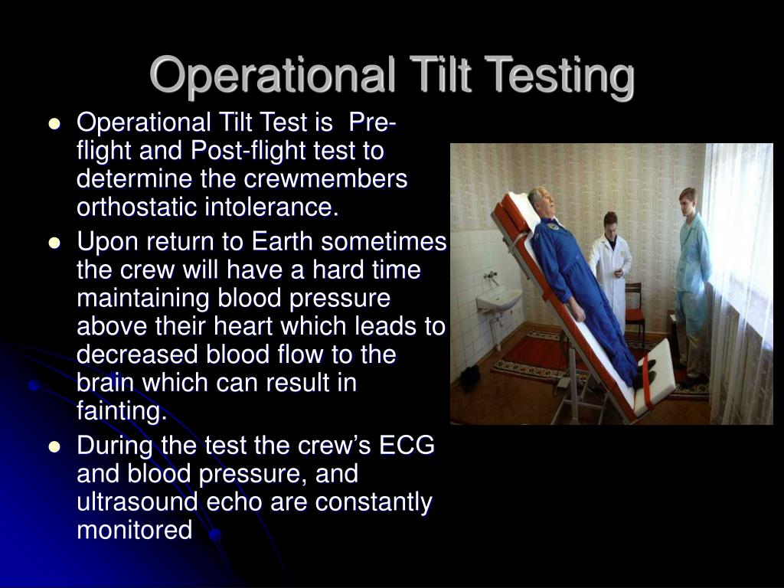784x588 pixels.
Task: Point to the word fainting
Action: (121, 412)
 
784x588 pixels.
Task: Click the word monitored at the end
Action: (135, 530)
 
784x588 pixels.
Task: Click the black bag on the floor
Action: (469, 377)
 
